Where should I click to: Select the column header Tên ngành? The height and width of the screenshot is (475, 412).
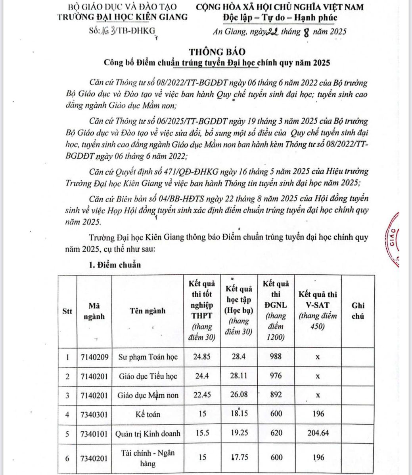point(148,311)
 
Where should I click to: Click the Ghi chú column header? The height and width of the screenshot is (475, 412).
point(358,311)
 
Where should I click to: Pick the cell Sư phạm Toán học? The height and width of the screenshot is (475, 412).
point(148,357)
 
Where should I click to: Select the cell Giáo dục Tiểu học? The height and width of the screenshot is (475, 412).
point(148,376)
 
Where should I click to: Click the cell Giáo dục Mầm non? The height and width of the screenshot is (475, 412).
point(148,395)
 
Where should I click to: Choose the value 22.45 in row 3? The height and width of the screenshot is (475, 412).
point(202,395)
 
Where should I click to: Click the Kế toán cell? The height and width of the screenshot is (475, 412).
point(148,414)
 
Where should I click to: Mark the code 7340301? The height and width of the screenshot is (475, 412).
point(94,414)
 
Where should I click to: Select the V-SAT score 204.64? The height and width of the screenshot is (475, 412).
point(318,433)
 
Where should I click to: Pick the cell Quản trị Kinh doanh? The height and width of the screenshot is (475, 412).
point(148,433)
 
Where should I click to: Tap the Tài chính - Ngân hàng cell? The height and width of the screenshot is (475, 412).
point(148,457)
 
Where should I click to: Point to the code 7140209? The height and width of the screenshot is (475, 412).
point(94,357)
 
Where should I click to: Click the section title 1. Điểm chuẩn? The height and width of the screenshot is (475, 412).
point(115,265)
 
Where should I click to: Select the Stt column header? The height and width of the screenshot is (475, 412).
point(67,311)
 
